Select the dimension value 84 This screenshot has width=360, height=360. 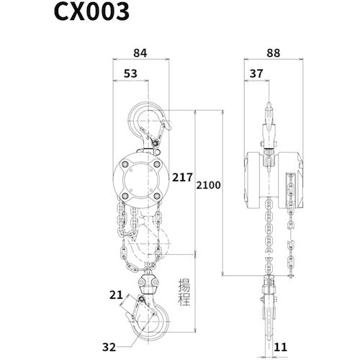pyautogui.click(x=142, y=52)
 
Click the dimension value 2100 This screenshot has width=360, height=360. pyautogui.click(x=208, y=185)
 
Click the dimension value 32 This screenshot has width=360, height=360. pyautogui.click(x=109, y=347)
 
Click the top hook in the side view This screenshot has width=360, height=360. pyautogui.click(x=269, y=122)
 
